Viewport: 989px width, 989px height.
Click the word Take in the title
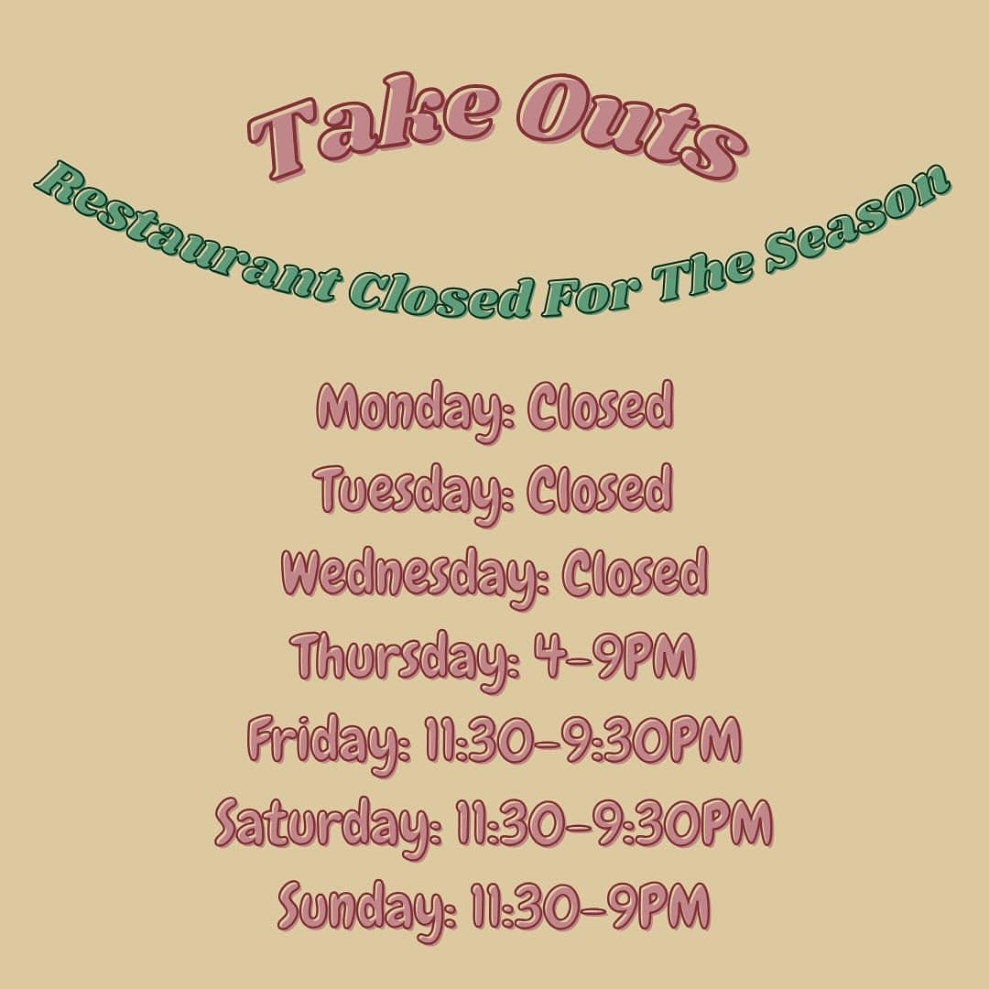coord(371,126)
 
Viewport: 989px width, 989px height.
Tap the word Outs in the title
coord(631,126)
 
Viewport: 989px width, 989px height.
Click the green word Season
coord(859,220)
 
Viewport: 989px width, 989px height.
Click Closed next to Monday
coord(600,407)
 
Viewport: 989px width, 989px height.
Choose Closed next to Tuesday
coord(599,489)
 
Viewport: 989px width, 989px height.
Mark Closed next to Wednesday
coord(635,572)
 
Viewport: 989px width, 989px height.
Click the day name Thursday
coord(406,659)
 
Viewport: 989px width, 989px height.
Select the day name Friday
coord(329,743)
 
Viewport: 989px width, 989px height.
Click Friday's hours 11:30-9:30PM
coord(582,739)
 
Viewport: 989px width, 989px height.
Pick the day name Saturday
coord(329,826)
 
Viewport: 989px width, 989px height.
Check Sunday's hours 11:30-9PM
coord(591,906)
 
